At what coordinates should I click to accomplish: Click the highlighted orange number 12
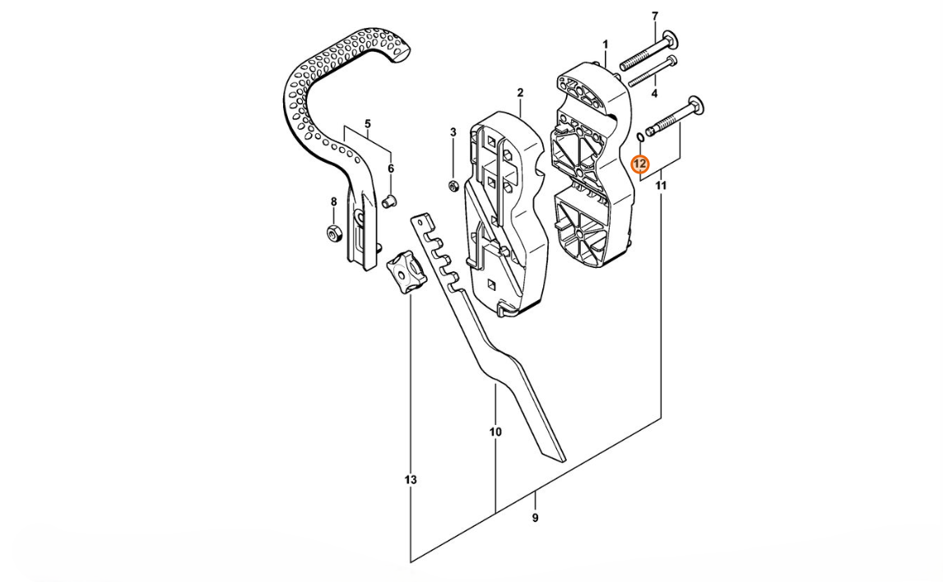coord(640,164)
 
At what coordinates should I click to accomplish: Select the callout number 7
coord(655,16)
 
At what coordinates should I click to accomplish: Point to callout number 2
coord(520,93)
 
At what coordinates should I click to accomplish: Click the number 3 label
coord(453,132)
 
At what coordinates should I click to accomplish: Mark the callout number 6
coord(391,169)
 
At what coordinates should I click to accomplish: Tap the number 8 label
coord(333,201)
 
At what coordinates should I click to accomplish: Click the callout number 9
coord(535,518)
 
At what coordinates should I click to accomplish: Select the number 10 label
coord(495,432)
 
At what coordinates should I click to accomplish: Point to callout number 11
coord(661,187)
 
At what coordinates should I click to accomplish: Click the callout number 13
coord(411,480)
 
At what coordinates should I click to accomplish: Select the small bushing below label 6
coord(391,200)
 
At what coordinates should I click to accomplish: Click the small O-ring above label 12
coord(639,136)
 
